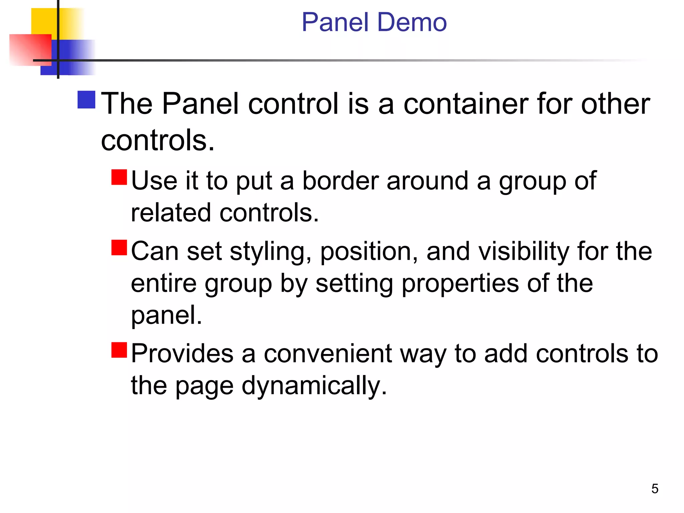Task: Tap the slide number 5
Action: [x=655, y=489]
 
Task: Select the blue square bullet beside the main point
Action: [x=87, y=100]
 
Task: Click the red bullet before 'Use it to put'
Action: [x=119, y=177]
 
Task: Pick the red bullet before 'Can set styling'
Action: [x=119, y=247]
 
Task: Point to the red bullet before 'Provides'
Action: [x=119, y=350]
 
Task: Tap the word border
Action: [x=340, y=181]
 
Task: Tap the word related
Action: [x=171, y=212]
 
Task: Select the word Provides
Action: [x=182, y=353]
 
